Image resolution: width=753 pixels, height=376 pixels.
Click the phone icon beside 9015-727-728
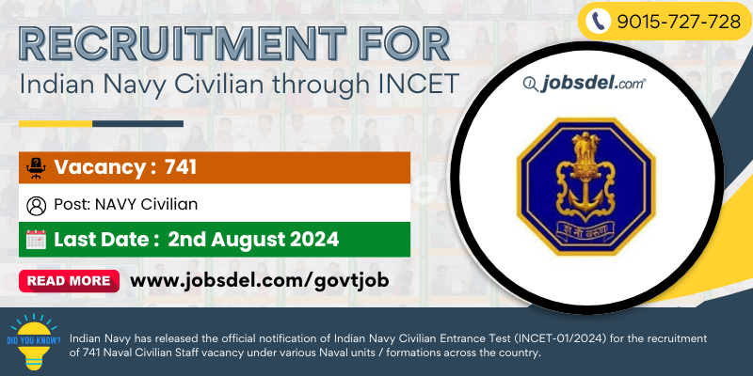pos(599,22)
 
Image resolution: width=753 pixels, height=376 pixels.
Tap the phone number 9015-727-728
pos(679,22)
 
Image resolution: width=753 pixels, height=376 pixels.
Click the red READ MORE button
pos(69,280)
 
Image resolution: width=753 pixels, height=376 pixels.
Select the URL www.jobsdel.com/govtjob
pos(260,280)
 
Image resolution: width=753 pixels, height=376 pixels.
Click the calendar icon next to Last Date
pos(36,240)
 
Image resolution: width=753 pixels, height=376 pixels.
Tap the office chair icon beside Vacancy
pos(36,168)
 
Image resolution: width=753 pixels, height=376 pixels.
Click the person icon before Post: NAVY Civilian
pos(36,205)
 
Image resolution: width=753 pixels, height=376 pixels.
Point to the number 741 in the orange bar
pos(181,167)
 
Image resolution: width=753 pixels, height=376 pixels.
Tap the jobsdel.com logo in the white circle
pos(585,85)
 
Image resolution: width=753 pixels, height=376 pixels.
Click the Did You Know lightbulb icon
pos(35,341)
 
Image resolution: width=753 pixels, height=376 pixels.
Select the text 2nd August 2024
pos(253,240)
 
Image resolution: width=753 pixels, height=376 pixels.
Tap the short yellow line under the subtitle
pos(56,124)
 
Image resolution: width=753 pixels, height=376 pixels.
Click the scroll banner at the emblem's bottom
pos(585,227)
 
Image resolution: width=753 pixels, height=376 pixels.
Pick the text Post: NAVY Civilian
pos(126,205)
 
